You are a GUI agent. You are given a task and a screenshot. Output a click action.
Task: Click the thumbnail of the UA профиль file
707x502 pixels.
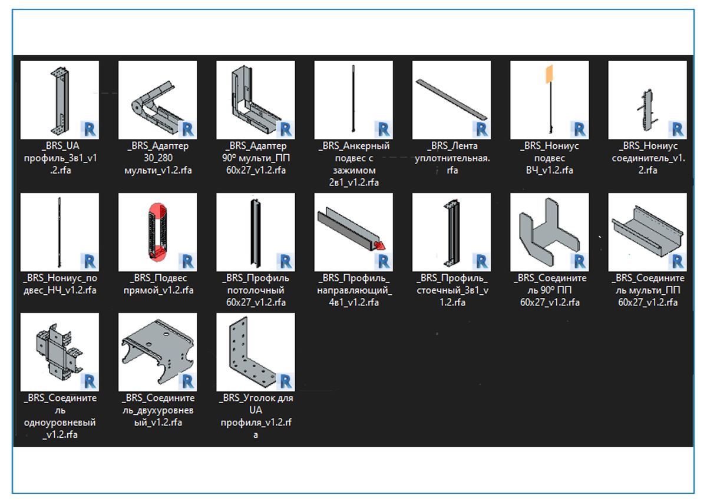pos(60,100)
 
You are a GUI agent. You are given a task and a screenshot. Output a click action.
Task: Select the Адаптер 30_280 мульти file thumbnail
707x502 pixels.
pos(158,100)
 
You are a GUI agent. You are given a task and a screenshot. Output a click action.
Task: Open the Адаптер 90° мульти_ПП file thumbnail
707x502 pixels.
pos(256,100)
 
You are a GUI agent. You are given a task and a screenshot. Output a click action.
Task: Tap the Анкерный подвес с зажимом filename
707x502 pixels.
pos(354,164)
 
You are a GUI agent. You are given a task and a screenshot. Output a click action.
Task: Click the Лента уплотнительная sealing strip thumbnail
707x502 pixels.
pos(452,100)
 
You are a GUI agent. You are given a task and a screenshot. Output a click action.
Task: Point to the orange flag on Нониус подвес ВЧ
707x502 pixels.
pos(550,74)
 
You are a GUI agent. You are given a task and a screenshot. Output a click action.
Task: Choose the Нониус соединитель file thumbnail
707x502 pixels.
pos(647,100)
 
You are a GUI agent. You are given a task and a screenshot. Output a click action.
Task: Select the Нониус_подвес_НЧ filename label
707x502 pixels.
pos(60,284)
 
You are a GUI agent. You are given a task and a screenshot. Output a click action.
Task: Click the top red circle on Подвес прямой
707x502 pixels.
pos(158,210)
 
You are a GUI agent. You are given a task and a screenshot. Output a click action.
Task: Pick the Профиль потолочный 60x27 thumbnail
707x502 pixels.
pos(256,232)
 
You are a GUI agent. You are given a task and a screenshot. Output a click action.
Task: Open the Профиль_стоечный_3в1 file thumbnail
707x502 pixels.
pos(452,232)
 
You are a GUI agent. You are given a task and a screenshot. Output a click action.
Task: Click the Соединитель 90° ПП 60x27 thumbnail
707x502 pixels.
pos(550,232)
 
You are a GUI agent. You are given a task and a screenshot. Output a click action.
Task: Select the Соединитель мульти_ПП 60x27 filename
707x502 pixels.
pos(647,290)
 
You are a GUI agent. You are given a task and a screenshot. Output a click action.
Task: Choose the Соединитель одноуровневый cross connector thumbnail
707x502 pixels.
pos(60,352)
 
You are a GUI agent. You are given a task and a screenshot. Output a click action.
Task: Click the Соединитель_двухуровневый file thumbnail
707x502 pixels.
pos(158,352)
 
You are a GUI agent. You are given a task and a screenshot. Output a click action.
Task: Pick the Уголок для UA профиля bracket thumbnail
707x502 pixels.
pos(256,352)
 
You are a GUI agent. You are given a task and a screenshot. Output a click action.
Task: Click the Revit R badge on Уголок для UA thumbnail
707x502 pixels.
pos(285,381)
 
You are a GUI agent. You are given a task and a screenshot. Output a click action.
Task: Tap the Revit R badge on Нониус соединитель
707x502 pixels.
pos(678,129)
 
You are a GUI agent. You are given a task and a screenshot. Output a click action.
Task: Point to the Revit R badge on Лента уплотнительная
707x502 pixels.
pos(481,129)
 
